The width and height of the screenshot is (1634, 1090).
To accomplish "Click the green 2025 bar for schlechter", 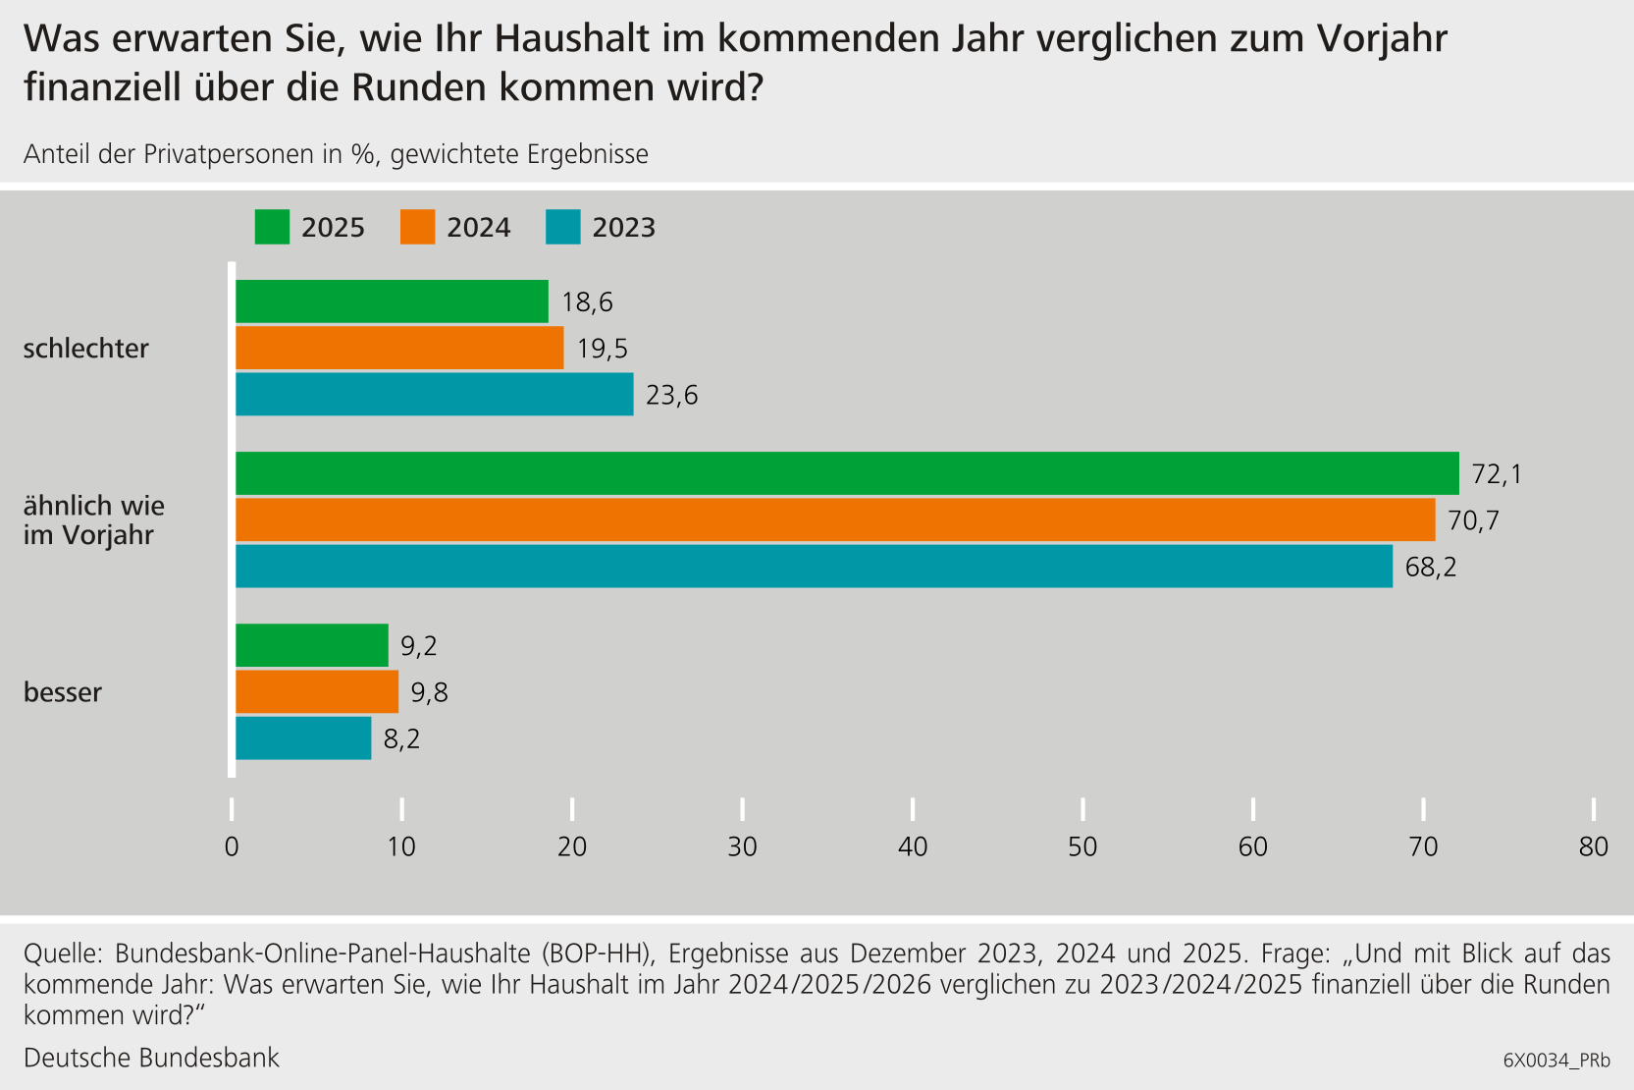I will [392, 301].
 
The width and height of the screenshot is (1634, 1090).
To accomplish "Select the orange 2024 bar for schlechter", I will [399, 348].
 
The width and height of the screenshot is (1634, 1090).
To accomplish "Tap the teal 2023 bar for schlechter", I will [434, 394].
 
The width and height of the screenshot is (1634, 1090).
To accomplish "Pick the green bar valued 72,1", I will [847, 473].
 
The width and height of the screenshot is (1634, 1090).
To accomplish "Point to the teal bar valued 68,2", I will [814, 567].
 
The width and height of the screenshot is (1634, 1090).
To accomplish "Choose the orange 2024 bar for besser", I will [317, 691].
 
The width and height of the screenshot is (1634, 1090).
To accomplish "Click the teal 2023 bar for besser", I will [303, 737].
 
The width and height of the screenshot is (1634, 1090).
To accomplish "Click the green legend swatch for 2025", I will [272, 227].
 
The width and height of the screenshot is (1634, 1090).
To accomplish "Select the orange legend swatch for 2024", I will [417, 227].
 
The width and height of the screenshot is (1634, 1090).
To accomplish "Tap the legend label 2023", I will [623, 228].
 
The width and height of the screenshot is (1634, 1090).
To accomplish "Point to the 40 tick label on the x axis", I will [913, 846].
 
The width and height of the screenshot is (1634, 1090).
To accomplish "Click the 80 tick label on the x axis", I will [1593, 846].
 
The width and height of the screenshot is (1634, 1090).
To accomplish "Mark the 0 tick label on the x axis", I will [232, 846].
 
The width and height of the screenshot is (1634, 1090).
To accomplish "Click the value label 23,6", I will [671, 395].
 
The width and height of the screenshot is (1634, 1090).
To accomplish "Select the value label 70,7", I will [1473, 520].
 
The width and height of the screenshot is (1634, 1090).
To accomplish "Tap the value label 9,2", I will [419, 646].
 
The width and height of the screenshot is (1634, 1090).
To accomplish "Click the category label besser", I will [63, 692].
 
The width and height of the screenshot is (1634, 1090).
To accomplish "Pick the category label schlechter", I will [86, 349].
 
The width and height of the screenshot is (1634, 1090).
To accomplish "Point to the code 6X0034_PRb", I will [1556, 1061].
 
